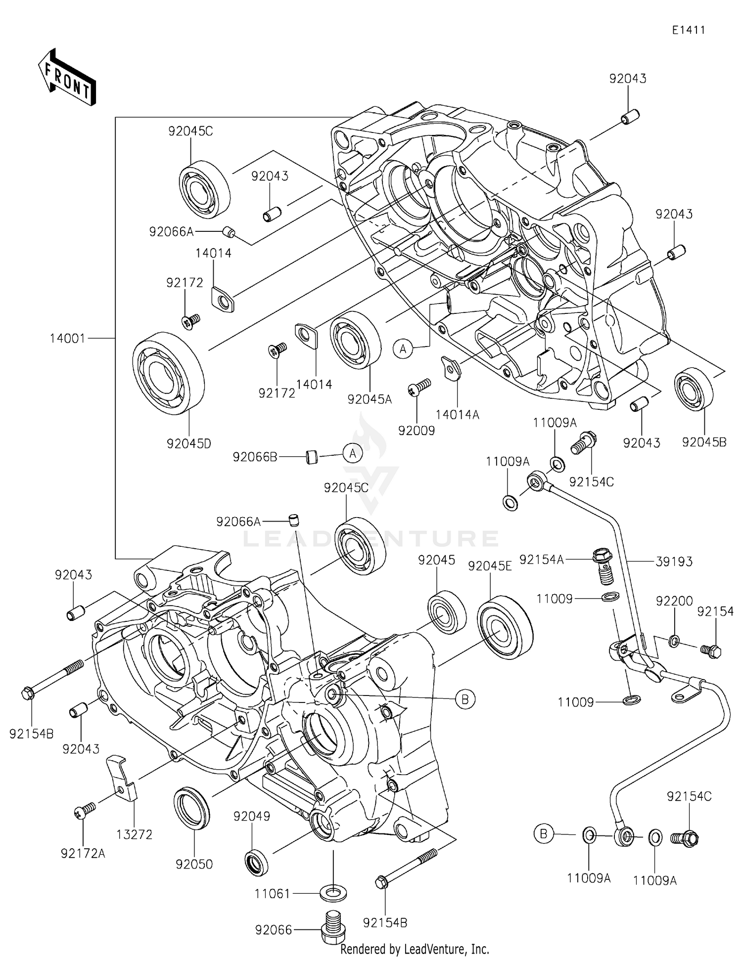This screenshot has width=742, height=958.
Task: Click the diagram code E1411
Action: [688, 30]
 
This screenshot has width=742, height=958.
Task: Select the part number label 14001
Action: [67, 339]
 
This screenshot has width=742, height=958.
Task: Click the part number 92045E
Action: [490, 566]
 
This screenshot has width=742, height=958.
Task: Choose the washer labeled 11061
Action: [333, 893]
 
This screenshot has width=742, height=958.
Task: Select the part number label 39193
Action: [674, 561]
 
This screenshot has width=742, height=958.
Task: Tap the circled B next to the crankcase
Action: [464, 699]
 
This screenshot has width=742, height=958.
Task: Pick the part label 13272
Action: [134, 834]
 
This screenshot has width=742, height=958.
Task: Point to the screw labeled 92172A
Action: [85, 811]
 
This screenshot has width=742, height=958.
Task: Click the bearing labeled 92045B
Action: [694, 390]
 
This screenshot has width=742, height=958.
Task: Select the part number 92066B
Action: [255, 457]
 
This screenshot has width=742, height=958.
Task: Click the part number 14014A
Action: [457, 414]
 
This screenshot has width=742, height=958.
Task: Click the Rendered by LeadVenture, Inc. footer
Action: [415, 949]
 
